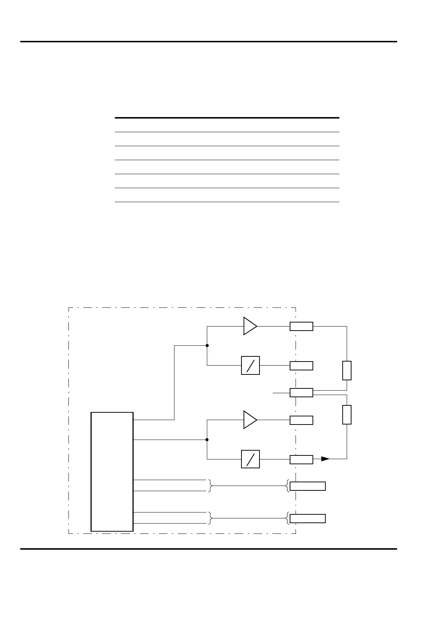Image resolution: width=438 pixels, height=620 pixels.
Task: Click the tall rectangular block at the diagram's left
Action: click(112, 472)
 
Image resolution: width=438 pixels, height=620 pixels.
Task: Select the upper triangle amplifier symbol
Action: click(249, 326)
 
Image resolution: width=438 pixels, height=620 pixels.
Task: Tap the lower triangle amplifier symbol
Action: click(249, 420)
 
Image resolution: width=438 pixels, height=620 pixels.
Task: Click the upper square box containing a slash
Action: click(250, 365)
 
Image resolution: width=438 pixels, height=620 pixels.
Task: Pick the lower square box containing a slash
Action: click(250, 459)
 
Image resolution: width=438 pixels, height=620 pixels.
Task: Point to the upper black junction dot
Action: click(207, 346)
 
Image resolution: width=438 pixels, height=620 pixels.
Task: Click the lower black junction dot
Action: click(207, 440)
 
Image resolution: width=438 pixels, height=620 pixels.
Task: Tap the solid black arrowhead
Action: click(325, 459)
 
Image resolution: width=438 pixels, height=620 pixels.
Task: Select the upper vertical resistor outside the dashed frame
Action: click(347, 370)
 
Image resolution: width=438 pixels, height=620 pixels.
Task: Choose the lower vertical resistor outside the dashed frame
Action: click(347, 415)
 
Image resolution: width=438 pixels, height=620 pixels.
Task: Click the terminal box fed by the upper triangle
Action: click(301, 326)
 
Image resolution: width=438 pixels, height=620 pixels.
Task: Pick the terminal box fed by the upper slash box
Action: click(301, 366)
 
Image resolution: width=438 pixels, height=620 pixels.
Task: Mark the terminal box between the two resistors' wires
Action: click(301, 392)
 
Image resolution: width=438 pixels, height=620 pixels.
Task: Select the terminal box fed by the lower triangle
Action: click(301, 420)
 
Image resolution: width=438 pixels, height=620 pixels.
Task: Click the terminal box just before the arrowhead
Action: click(301, 459)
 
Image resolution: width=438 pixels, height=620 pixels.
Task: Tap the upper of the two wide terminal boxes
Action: click(307, 486)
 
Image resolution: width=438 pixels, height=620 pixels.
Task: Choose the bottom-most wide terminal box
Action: click(307, 518)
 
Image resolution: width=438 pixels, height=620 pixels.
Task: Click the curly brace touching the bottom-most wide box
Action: click(287, 518)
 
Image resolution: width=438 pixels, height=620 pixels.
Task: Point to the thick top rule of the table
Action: click(227, 118)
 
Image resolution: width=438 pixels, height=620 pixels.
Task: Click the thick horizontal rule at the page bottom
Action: click(208, 549)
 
